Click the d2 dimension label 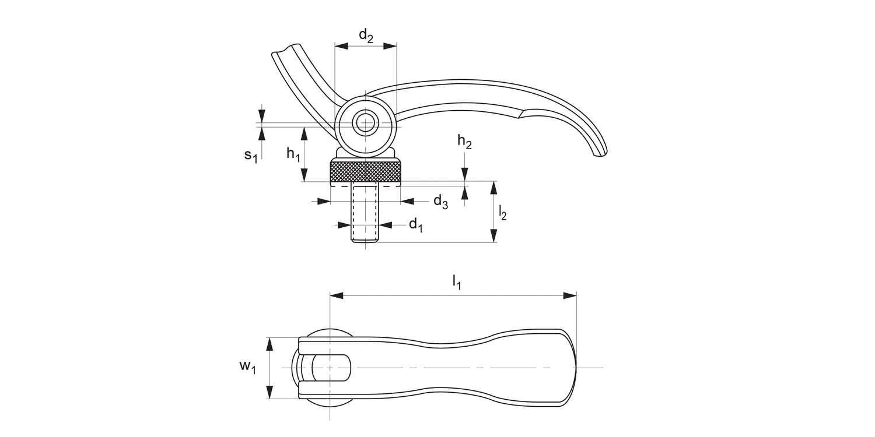point(366,36)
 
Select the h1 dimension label point(293,154)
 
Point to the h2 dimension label point(464,142)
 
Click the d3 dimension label point(440,202)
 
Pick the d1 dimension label point(415,224)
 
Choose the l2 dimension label point(502,213)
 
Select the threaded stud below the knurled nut point(365,213)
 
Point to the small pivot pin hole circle point(366,123)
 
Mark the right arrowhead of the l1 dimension point(571,296)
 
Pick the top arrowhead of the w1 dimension point(269,343)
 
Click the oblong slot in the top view point(331,368)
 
